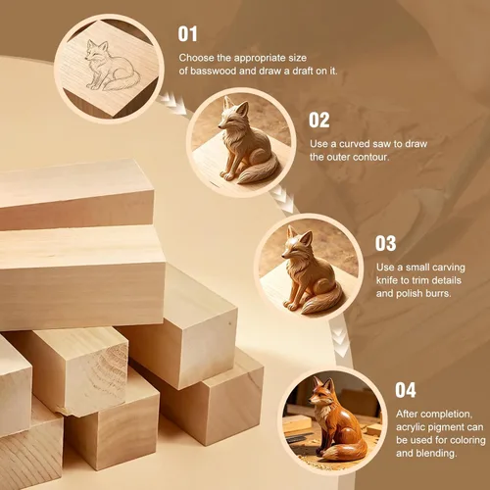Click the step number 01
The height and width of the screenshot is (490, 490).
(x=187, y=34)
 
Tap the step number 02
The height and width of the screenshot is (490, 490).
(x=319, y=121)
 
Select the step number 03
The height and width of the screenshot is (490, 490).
(x=385, y=243)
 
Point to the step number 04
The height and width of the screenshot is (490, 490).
(x=406, y=390)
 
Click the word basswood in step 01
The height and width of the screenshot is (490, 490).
(x=213, y=71)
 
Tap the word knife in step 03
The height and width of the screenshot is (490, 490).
(x=386, y=280)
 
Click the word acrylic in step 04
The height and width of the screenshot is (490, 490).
(x=411, y=427)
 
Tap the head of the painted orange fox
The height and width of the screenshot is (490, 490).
(x=321, y=391)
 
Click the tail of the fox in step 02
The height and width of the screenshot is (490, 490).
(x=257, y=170)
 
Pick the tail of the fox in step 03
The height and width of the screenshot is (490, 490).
(x=321, y=301)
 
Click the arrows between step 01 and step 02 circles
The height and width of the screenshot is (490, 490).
(x=172, y=103)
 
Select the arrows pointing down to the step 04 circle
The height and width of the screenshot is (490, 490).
(x=341, y=342)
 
